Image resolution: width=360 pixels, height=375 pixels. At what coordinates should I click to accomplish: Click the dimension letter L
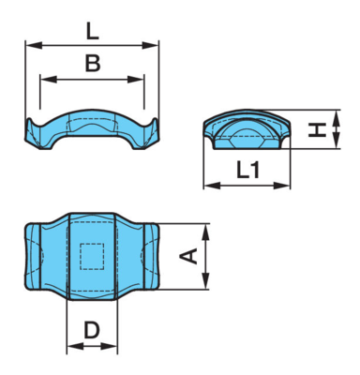coord(92,32)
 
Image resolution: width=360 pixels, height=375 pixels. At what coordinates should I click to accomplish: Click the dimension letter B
coord(93,63)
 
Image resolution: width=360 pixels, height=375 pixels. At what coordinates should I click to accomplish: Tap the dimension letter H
coord(317,129)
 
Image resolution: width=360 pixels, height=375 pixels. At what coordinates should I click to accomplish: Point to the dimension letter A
coord(188,256)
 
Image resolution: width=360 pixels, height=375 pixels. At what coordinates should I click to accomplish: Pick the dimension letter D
coord(92,330)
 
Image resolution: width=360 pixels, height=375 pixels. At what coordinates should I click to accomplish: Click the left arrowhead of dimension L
coord(34,46)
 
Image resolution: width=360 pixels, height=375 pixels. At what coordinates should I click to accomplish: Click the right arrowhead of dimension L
coord(150,46)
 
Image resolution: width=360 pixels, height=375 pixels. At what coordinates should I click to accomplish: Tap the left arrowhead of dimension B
coord(49,80)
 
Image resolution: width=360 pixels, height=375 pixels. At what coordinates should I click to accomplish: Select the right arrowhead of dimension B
coord(136,80)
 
